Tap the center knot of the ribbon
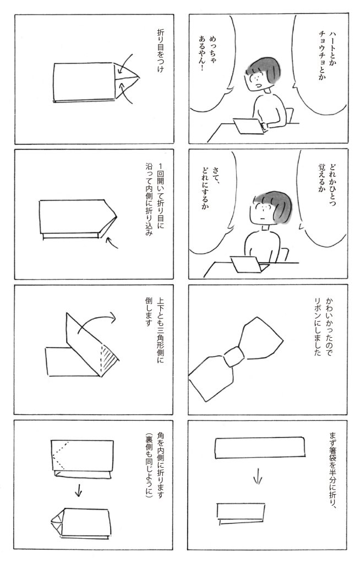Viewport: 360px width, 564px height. (x=234, y=356)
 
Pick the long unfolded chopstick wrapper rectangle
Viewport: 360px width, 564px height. (x=260, y=447)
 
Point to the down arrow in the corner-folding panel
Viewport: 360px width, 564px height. (x=78, y=490)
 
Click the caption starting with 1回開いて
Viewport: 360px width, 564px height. (x=155, y=199)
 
